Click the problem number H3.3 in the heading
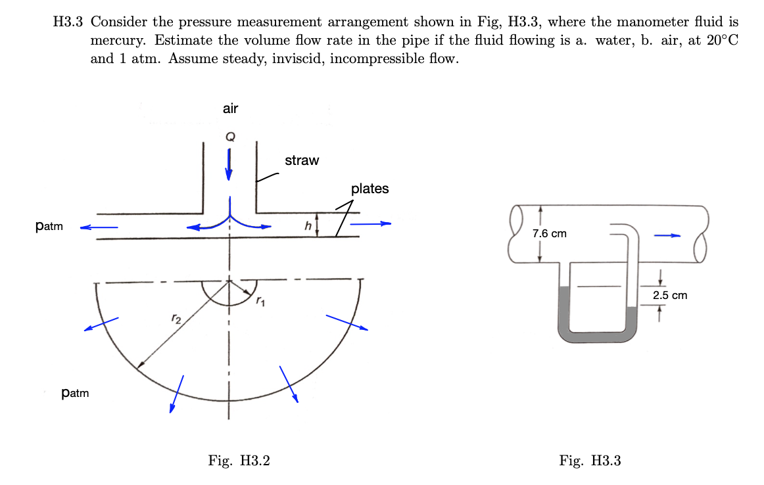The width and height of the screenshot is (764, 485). coord(68,22)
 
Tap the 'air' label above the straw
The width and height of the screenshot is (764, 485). coord(230,109)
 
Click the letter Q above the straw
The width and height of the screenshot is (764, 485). coord(229,137)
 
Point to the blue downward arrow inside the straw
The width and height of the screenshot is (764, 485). coord(229,164)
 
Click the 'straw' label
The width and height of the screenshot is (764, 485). coord(302,160)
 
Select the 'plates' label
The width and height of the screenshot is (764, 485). coord(370,189)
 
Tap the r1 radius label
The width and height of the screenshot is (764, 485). coord(261,302)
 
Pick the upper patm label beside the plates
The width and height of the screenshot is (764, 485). coord(49,227)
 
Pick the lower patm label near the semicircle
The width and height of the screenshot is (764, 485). coord(74,394)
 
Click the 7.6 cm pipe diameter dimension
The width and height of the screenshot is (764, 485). coord(550,233)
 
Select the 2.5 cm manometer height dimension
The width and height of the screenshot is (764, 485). coord(670,295)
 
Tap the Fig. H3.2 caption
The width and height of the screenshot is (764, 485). coord(239,461)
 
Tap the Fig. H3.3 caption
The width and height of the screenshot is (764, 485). coord(590,461)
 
